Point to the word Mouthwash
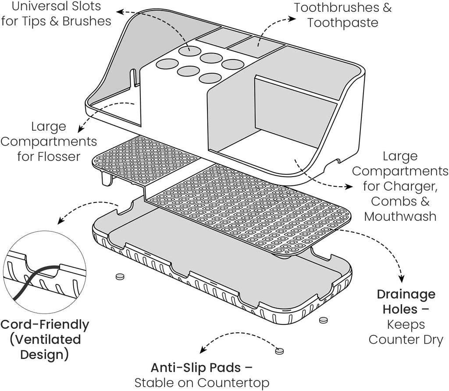pyautogui.click(x=400, y=216)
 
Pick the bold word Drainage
pyautogui.click(x=406, y=294)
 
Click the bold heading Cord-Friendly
pyautogui.click(x=45, y=325)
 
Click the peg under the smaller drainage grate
pyautogui.click(x=106, y=179)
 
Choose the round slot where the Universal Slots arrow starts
pyautogui.click(x=189, y=50)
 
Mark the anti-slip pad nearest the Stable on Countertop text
pyautogui.click(x=279, y=351)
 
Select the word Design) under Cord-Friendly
pyautogui.click(x=45, y=354)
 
